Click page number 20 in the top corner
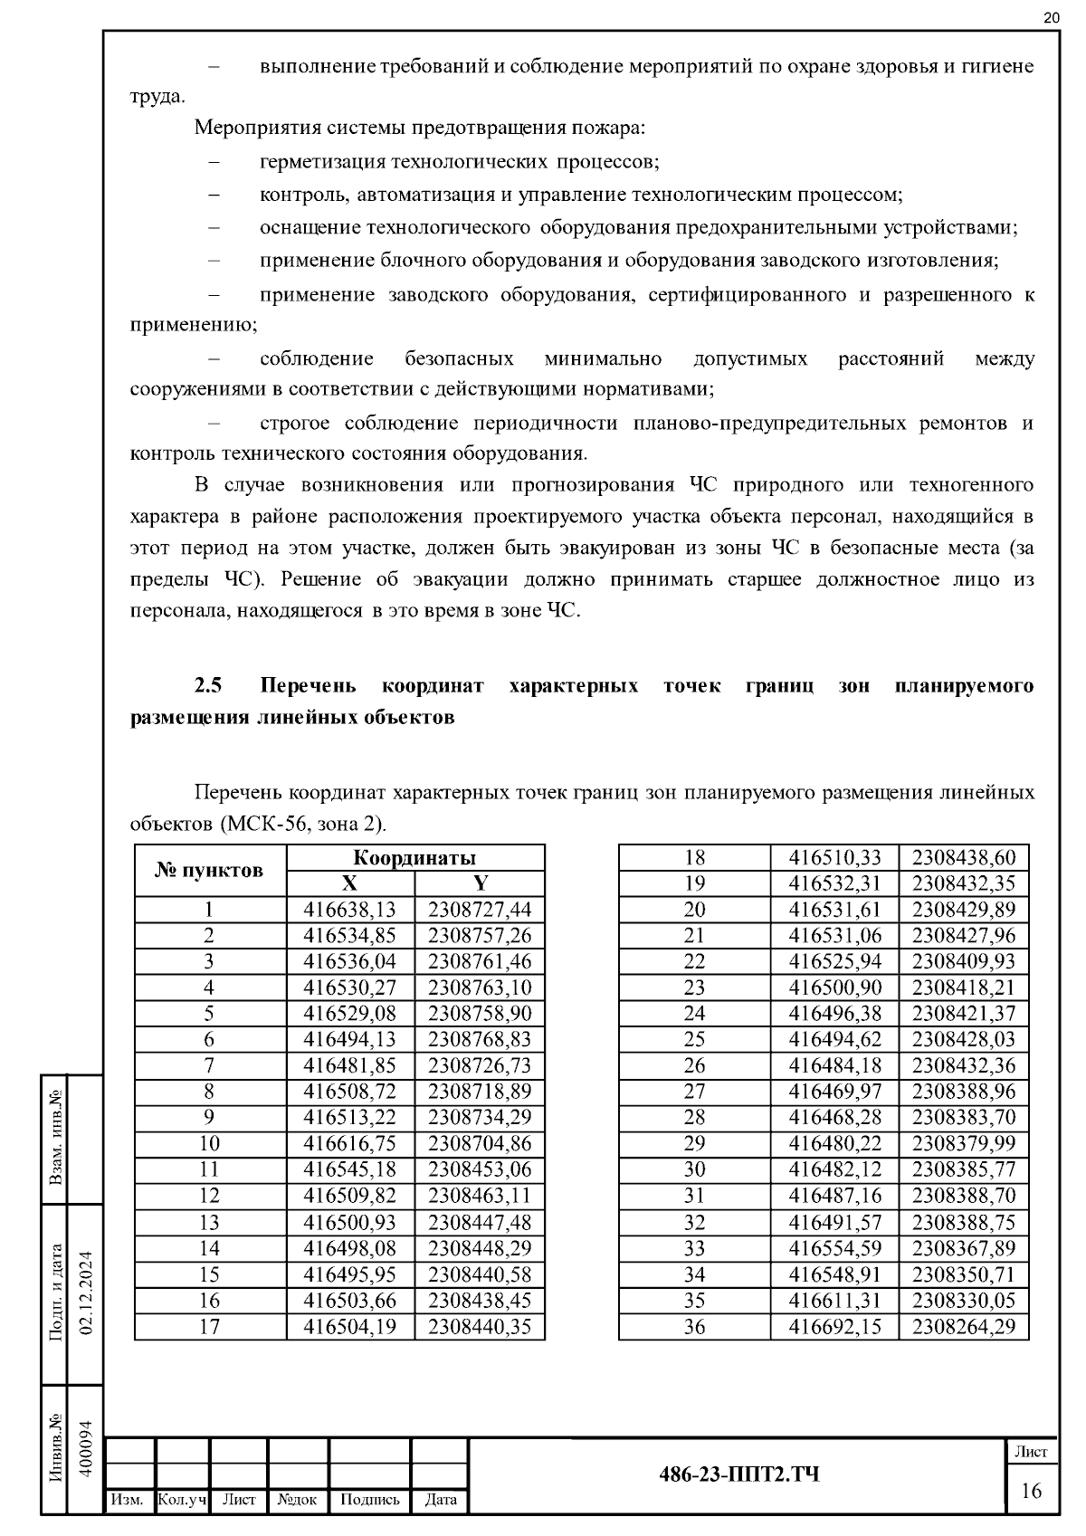[x=1051, y=17]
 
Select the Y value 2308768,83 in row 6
[x=480, y=1039]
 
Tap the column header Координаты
[x=414, y=858]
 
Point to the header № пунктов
[x=210, y=871]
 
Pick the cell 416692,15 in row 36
[x=834, y=1327]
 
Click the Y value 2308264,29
[x=964, y=1327]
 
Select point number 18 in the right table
[x=694, y=858]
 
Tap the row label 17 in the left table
[x=209, y=1327]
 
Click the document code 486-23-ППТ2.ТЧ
[x=738, y=1474]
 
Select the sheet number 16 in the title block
[x=1032, y=1491]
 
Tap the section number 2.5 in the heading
[x=208, y=686]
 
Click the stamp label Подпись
[x=369, y=1500]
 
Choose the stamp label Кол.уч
[x=182, y=1500]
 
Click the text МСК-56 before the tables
[x=262, y=825]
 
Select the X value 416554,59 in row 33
[x=834, y=1249]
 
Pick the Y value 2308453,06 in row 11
[x=480, y=1169]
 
